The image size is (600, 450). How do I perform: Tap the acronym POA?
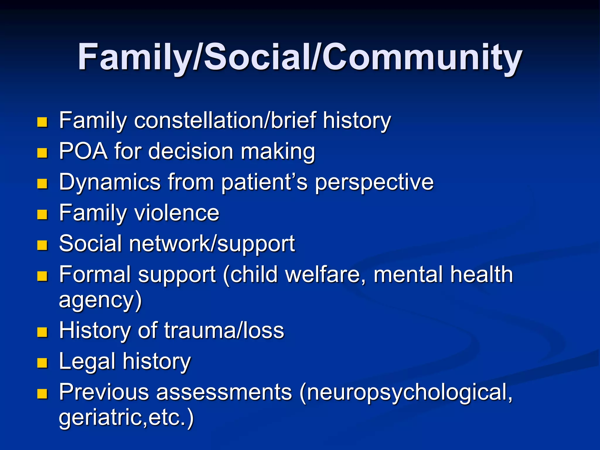coord(83,151)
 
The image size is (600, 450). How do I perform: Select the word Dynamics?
coord(110,182)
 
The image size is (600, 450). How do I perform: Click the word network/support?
coord(212,244)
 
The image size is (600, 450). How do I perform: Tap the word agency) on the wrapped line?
coord(100,300)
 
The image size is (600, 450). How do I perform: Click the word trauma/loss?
coord(224,330)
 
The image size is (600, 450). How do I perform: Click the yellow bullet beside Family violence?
coord(42,214)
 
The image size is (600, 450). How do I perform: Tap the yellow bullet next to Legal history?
coord(42,363)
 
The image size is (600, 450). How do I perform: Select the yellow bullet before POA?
coord(42,153)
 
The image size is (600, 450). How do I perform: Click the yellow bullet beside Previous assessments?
coord(42,394)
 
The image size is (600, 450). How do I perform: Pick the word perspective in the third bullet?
coord(374,182)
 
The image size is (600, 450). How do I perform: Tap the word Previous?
coord(104,392)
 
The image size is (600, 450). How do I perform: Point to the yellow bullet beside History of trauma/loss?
coord(42,332)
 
